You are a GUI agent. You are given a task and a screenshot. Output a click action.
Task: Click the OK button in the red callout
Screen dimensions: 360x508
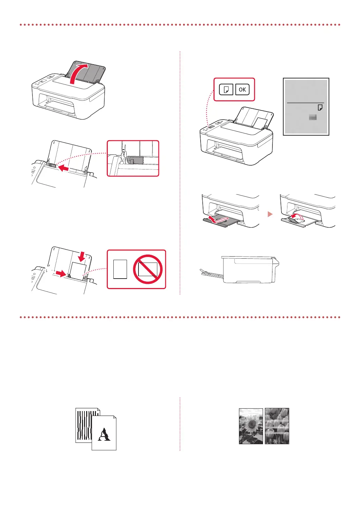click(x=242, y=90)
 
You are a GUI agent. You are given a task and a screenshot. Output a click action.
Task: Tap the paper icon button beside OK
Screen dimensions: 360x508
click(x=226, y=90)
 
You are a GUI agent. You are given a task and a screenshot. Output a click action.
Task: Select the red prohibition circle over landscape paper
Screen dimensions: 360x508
click(x=148, y=269)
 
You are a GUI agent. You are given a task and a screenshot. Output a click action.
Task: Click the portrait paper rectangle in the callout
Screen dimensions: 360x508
click(x=120, y=269)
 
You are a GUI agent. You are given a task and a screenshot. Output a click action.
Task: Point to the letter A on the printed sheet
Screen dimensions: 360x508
click(x=104, y=435)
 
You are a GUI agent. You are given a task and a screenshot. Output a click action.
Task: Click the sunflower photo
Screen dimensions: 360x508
click(x=251, y=426)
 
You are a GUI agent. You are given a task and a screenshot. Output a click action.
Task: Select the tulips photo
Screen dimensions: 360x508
click(x=277, y=426)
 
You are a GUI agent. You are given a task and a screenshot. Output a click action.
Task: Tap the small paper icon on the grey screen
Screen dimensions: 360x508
click(x=320, y=107)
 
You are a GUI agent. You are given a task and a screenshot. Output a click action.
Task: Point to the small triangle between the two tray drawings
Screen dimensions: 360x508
click(x=270, y=214)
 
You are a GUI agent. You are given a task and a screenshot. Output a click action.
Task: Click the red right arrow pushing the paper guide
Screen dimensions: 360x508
click(x=60, y=274)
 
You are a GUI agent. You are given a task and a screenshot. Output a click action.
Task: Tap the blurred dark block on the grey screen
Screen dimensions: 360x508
click(x=313, y=117)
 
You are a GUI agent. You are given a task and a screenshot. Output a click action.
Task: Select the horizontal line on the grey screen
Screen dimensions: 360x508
click(x=305, y=103)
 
